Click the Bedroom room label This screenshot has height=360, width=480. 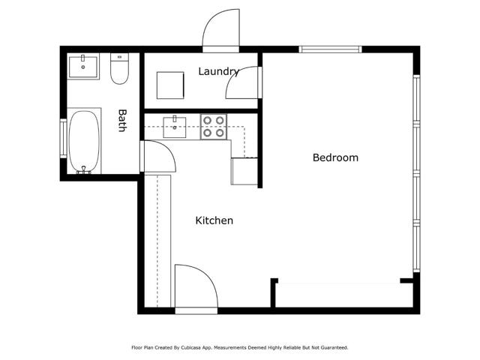pyautogui.click(x=335, y=157)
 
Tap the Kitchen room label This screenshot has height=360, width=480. pyautogui.click(x=214, y=220)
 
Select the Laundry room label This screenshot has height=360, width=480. pyautogui.click(x=218, y=72)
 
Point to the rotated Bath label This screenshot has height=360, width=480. pyautogui.click(x=122, y=121)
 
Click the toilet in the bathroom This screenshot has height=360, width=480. pyautogui.click(x=119, y=69)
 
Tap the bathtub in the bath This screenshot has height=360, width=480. pyautogui.click(x=84, y=142)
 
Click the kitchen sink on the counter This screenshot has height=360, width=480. pyautogui.click(x=177, y=125)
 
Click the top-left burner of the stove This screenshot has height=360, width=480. pyautogui.click(x=208, y=119)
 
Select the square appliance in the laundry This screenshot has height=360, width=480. pyautogui.click(x=169, y=85)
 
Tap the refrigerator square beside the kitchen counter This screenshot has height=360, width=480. pyautogui.click(x=244, y=172)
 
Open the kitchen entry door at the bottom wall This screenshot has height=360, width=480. pyautogui.click(x=194, y=286)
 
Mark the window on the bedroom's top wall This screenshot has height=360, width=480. pyautogui.click(x=330, y=50)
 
